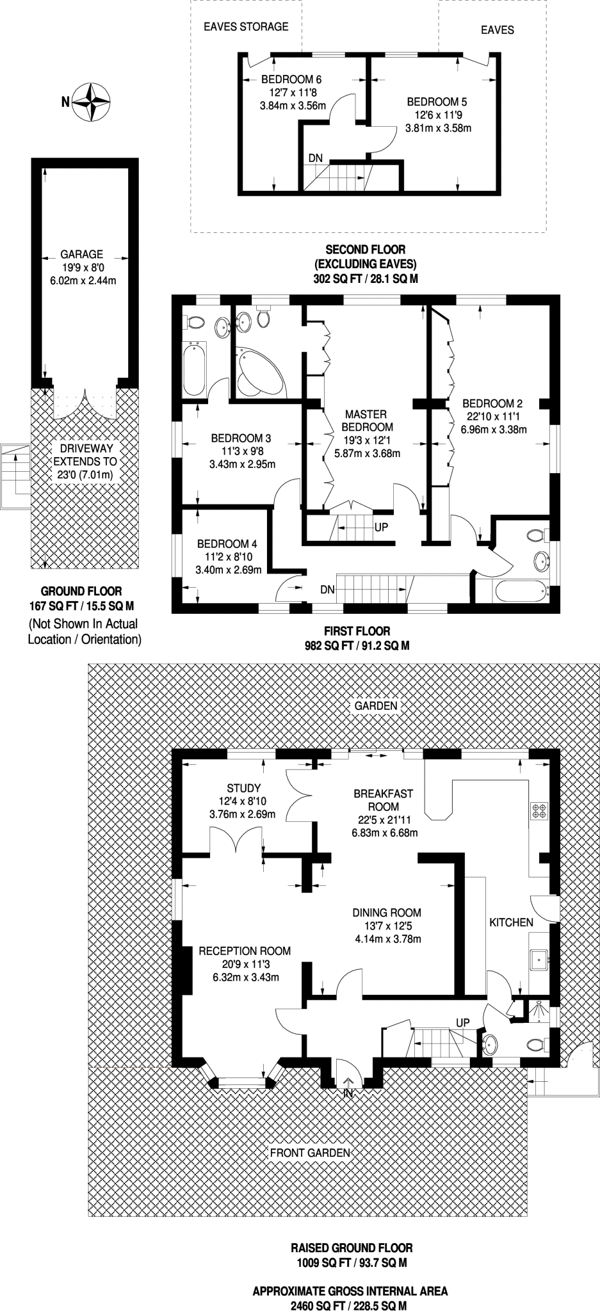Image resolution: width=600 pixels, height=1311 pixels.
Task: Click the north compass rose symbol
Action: [91, 102]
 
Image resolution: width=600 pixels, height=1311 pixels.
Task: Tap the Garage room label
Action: [81, 254]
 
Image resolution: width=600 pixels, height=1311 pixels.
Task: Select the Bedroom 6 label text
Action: [291, 80]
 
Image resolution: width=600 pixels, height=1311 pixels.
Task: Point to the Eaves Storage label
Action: [246, 27]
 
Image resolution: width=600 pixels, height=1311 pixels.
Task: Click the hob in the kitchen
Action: [539, 810]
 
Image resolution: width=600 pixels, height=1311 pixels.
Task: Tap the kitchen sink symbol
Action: [540, 958]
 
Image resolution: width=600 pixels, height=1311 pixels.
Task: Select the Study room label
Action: [243, 788]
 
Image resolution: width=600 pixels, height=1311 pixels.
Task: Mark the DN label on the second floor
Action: [316, 158]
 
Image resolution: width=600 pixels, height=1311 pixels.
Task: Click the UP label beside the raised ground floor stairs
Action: [463, 1022]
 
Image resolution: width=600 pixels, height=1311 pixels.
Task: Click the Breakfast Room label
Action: [384, 800]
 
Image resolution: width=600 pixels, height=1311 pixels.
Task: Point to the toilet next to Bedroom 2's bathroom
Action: [537, 536]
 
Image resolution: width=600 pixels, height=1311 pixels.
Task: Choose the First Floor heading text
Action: [357, 631]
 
